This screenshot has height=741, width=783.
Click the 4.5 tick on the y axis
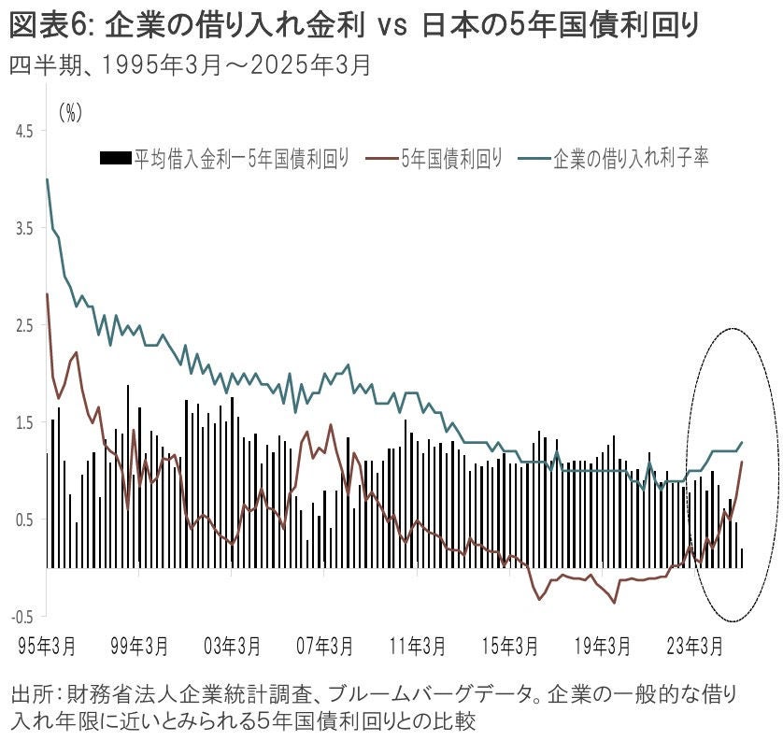pyautogui.click(x=22, y=131)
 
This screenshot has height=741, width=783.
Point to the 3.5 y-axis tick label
pyautogui.click(x=22, y=228)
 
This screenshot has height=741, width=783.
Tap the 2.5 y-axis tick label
pyautogui.click(x=22, y=325)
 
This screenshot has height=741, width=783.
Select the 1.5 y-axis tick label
pyautogui.click(x=22, y=422)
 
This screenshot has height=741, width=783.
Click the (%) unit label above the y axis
pyautogui.click(x=71, y=112)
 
